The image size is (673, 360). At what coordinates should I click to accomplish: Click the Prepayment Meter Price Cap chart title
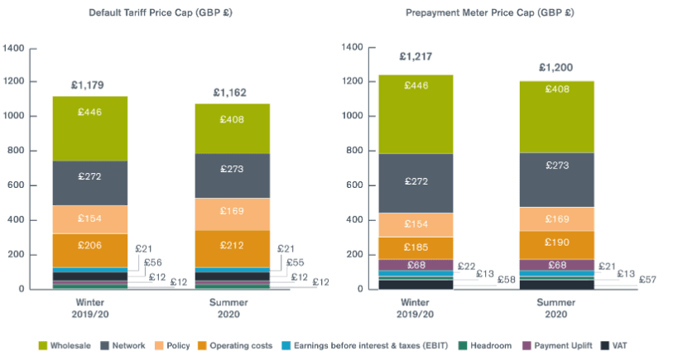[490, 13]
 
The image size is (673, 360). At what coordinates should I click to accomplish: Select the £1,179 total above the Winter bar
[88, 85]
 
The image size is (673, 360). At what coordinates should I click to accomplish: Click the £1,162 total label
[229, 93]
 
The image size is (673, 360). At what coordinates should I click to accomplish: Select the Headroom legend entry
[491, 345]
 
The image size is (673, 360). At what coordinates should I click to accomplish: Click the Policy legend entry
[176, 345]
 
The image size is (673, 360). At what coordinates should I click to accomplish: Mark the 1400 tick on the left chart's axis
[14, 47]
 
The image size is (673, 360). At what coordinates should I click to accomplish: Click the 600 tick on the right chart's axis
[352, 185]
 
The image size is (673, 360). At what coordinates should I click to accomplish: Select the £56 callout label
[153, 262]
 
